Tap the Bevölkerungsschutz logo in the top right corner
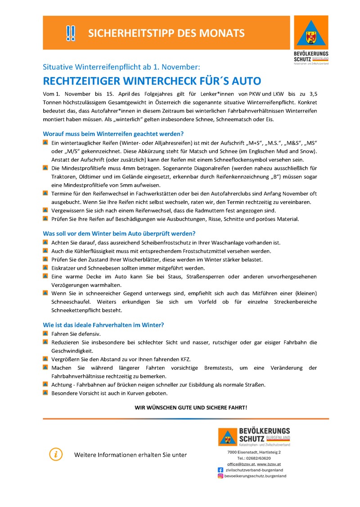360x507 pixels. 310,40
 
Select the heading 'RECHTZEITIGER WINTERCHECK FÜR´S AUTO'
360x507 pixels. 152,81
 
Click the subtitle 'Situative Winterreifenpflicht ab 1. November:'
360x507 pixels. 121,67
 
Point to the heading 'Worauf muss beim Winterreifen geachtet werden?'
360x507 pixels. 113,134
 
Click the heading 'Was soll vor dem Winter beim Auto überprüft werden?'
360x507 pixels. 119,234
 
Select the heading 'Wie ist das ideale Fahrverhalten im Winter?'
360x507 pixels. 103,325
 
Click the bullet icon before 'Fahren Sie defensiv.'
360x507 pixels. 45,334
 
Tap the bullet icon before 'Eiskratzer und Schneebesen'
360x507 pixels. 45,267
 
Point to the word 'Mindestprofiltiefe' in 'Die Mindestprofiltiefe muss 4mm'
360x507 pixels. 80,168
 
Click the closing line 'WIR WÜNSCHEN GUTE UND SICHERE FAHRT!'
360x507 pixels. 191,407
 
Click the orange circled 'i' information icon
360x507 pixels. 55,454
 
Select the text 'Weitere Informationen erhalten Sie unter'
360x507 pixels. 130,455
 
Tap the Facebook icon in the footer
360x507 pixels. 220,470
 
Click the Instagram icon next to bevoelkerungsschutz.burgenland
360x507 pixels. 220,476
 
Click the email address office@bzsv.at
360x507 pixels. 241,464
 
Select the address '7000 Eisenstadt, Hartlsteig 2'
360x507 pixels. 254,452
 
